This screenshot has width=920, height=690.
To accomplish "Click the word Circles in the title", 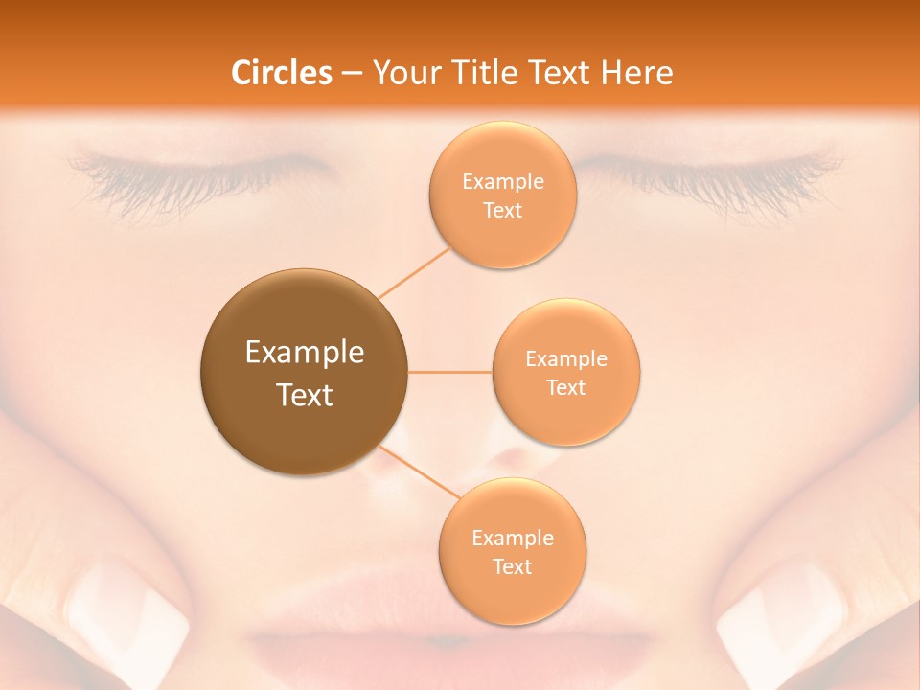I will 281,73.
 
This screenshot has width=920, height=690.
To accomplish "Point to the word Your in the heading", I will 405,73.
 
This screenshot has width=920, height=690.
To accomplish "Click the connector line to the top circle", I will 414,272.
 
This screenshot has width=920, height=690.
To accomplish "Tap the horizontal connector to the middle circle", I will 449,372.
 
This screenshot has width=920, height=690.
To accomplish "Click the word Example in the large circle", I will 305,353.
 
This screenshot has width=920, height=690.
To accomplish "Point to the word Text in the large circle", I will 305,395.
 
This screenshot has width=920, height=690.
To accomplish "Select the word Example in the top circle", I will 502,182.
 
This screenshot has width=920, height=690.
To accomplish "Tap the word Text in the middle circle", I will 566,387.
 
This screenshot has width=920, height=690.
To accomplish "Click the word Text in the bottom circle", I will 512,566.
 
